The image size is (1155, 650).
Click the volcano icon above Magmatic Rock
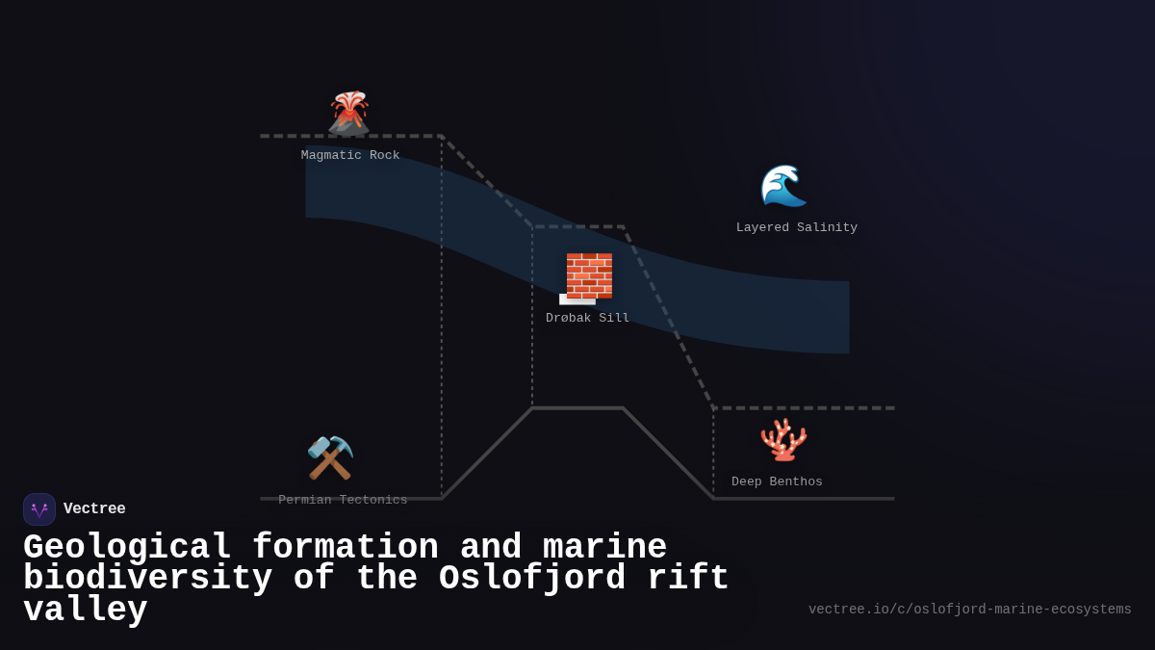(348, 113)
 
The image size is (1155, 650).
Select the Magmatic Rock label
(350, 155)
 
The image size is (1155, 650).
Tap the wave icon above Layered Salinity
(783, 185)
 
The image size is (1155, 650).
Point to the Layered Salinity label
(797, 228)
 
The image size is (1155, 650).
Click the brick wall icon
(588, 277)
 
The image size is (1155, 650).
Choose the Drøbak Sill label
(588, 319)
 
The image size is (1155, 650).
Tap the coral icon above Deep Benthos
(783, 439)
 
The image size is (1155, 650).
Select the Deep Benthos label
(777, 481)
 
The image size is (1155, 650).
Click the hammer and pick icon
(330, 457)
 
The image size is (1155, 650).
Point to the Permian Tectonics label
(343, 500)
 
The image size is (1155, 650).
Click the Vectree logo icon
(39, 509)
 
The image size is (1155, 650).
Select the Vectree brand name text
(94, 509)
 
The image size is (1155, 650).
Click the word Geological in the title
(127, 548)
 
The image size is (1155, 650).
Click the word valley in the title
(86, 611)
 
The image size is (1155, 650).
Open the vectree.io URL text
(969, 610)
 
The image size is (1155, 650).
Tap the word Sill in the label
(614, 319)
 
